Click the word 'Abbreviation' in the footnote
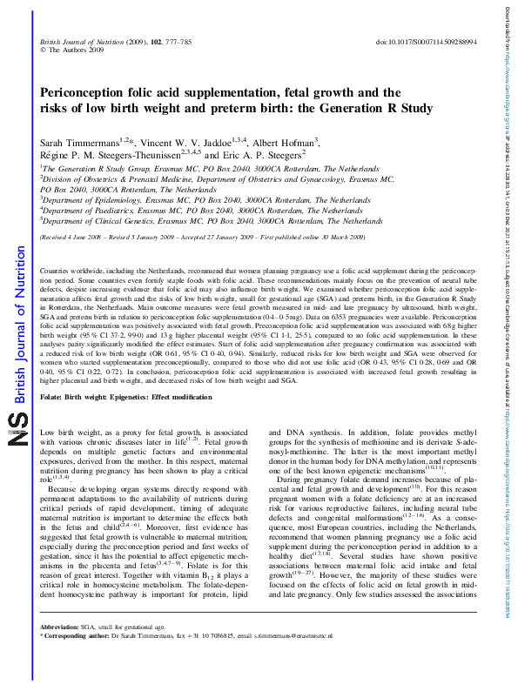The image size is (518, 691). [64, 651]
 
